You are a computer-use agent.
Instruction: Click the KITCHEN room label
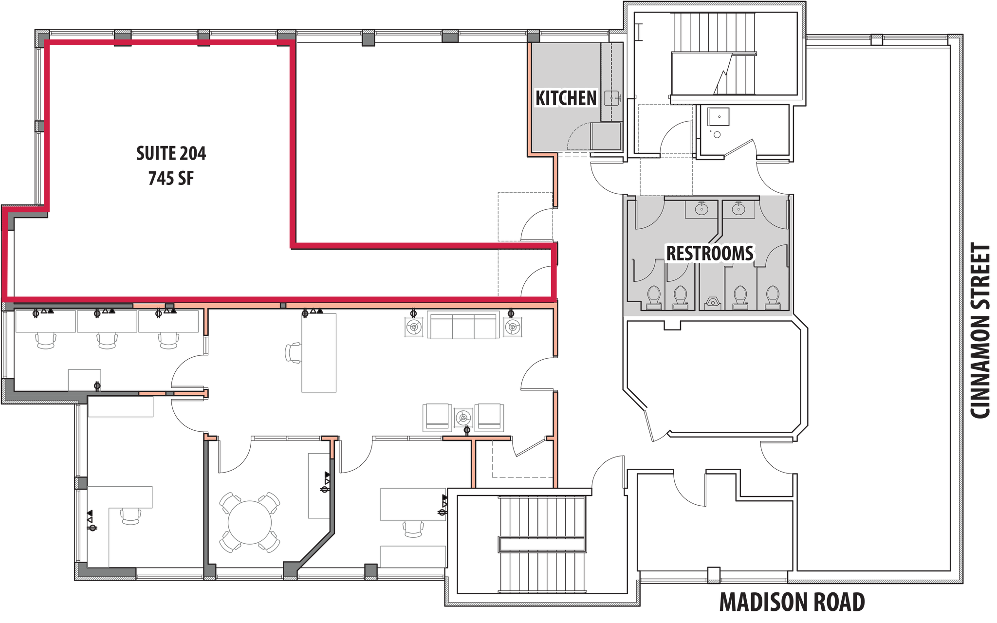(566, 98)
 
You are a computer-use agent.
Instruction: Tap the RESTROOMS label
(710, 253)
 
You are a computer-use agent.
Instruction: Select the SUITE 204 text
(171, 153)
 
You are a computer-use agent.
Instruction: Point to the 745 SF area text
(171, 178)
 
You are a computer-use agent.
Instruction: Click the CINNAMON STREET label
(980, 330)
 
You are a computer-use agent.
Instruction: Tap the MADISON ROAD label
(792, 602)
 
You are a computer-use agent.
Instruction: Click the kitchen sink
(611, 98)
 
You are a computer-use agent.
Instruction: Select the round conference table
(249, 522)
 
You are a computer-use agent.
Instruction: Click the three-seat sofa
(463, 325)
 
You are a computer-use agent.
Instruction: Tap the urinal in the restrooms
(713, 303)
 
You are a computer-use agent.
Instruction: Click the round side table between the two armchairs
(463, 418)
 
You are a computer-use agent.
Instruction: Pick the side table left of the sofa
(414, 327)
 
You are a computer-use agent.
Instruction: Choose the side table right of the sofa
(513, 327)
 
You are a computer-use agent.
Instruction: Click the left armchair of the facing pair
(437, 417)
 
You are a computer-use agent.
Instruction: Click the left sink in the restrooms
(701, 209)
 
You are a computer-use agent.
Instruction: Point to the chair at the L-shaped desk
(131, 516)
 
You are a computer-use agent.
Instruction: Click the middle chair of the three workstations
(107, 340)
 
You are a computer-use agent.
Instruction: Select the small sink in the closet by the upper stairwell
(719, 117)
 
